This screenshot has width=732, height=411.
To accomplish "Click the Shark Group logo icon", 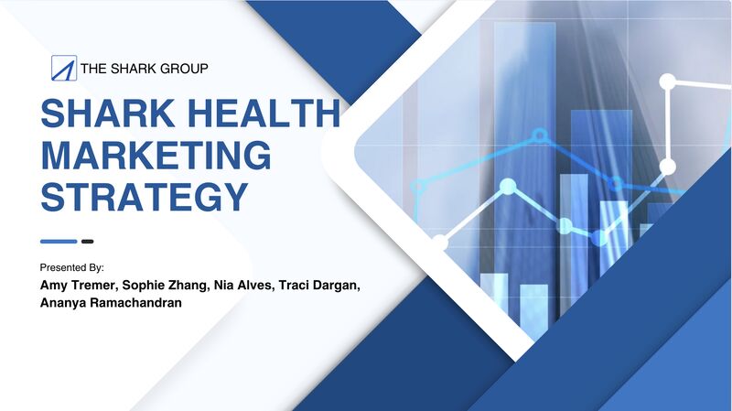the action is (64, 68).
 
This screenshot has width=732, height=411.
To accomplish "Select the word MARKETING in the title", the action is (156, 155).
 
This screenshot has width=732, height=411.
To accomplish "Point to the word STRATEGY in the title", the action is (145, 197).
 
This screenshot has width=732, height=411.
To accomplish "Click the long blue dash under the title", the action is (59, 242).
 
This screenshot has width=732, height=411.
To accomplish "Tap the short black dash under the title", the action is (87, 242).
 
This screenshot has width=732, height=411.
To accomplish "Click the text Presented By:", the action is (72, 267).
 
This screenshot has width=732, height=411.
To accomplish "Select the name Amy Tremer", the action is (78, 286).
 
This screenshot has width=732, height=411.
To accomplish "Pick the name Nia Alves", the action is (242, 286).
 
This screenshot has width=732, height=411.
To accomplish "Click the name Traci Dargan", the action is (318, 286).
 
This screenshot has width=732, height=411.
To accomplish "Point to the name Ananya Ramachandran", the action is (111, 303).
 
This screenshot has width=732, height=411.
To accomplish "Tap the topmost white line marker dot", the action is (668, 81).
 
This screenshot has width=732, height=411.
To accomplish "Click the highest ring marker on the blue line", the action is (540, 135).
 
